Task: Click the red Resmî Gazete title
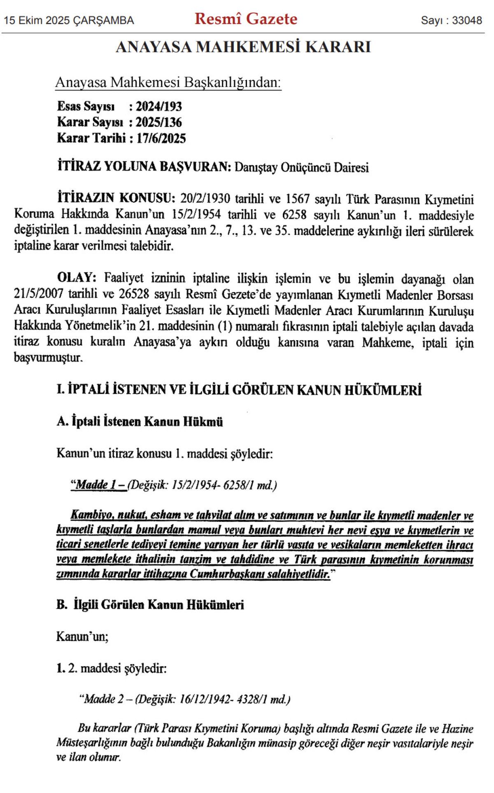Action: [x=246, y=19]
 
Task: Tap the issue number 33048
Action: [x=467, y=21]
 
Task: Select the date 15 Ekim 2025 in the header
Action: [x=37, y=21]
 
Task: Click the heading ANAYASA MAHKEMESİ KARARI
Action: [x=243, y=47]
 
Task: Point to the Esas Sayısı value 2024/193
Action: [x=159, y=107]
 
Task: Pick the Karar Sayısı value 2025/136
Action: [x=159, y=122]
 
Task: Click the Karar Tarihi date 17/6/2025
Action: [x=161, y=138]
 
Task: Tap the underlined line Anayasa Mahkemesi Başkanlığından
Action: [x=168, y=82]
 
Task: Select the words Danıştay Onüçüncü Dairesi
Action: [x=301, y=168]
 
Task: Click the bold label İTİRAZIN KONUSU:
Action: [x=114, y=198]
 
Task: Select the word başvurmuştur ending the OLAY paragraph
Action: [x=49, y=358]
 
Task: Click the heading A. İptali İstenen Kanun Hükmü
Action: [x=140, y=422]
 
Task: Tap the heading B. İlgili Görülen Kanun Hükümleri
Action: [x=150, y=605]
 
